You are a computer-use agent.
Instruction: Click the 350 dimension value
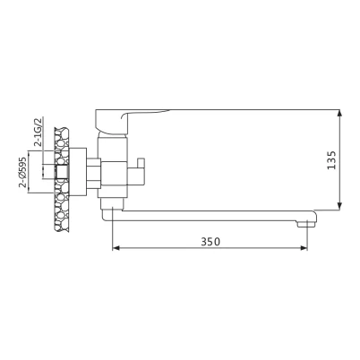(x=210, y=241)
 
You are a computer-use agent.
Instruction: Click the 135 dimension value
(x=331, y=160)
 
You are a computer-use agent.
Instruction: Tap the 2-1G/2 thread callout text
(x=38, y=132)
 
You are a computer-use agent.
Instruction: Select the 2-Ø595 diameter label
(x=23, y=172)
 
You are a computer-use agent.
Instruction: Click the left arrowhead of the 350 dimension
(x=116, y=248)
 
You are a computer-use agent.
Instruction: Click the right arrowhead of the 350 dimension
(x=304, y=248)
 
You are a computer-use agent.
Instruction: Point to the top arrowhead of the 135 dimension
(x=339, y=114)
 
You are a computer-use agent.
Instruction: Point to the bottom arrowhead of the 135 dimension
(x=339, y=206)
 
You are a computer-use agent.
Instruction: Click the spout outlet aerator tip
(x=306, y=224)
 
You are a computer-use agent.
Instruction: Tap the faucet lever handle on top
(x=125, y=121)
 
